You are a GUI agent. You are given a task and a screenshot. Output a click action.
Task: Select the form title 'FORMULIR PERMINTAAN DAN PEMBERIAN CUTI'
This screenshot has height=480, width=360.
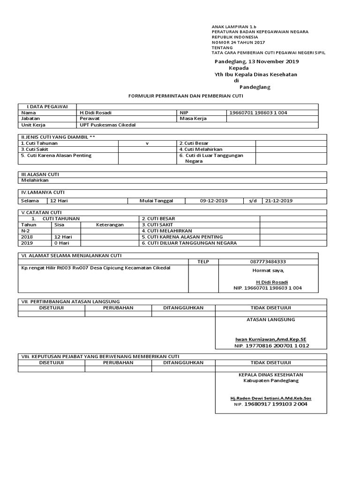186,96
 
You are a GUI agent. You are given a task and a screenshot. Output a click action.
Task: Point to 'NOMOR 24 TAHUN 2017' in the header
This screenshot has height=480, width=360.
238,42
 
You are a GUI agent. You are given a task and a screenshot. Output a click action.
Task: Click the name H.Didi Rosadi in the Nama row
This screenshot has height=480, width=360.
96,112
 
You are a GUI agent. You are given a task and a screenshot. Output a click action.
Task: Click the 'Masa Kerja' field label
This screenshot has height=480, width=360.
193,119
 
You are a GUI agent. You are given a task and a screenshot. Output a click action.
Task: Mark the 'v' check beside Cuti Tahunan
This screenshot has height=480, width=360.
147,143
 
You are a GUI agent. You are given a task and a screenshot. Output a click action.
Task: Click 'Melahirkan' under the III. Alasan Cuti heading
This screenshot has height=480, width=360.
35,180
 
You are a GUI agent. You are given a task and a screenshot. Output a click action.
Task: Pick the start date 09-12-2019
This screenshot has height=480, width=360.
214,201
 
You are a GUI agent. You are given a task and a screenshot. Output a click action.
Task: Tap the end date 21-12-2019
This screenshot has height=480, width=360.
279,201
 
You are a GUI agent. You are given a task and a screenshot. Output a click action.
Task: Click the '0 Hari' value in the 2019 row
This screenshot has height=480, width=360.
62,243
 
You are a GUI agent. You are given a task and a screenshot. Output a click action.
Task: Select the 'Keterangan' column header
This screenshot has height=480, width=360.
110,225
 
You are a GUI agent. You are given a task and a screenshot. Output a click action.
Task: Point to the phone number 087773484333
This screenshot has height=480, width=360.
268,262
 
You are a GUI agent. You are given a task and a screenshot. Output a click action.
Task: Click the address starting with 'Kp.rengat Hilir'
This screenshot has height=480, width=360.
96,268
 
